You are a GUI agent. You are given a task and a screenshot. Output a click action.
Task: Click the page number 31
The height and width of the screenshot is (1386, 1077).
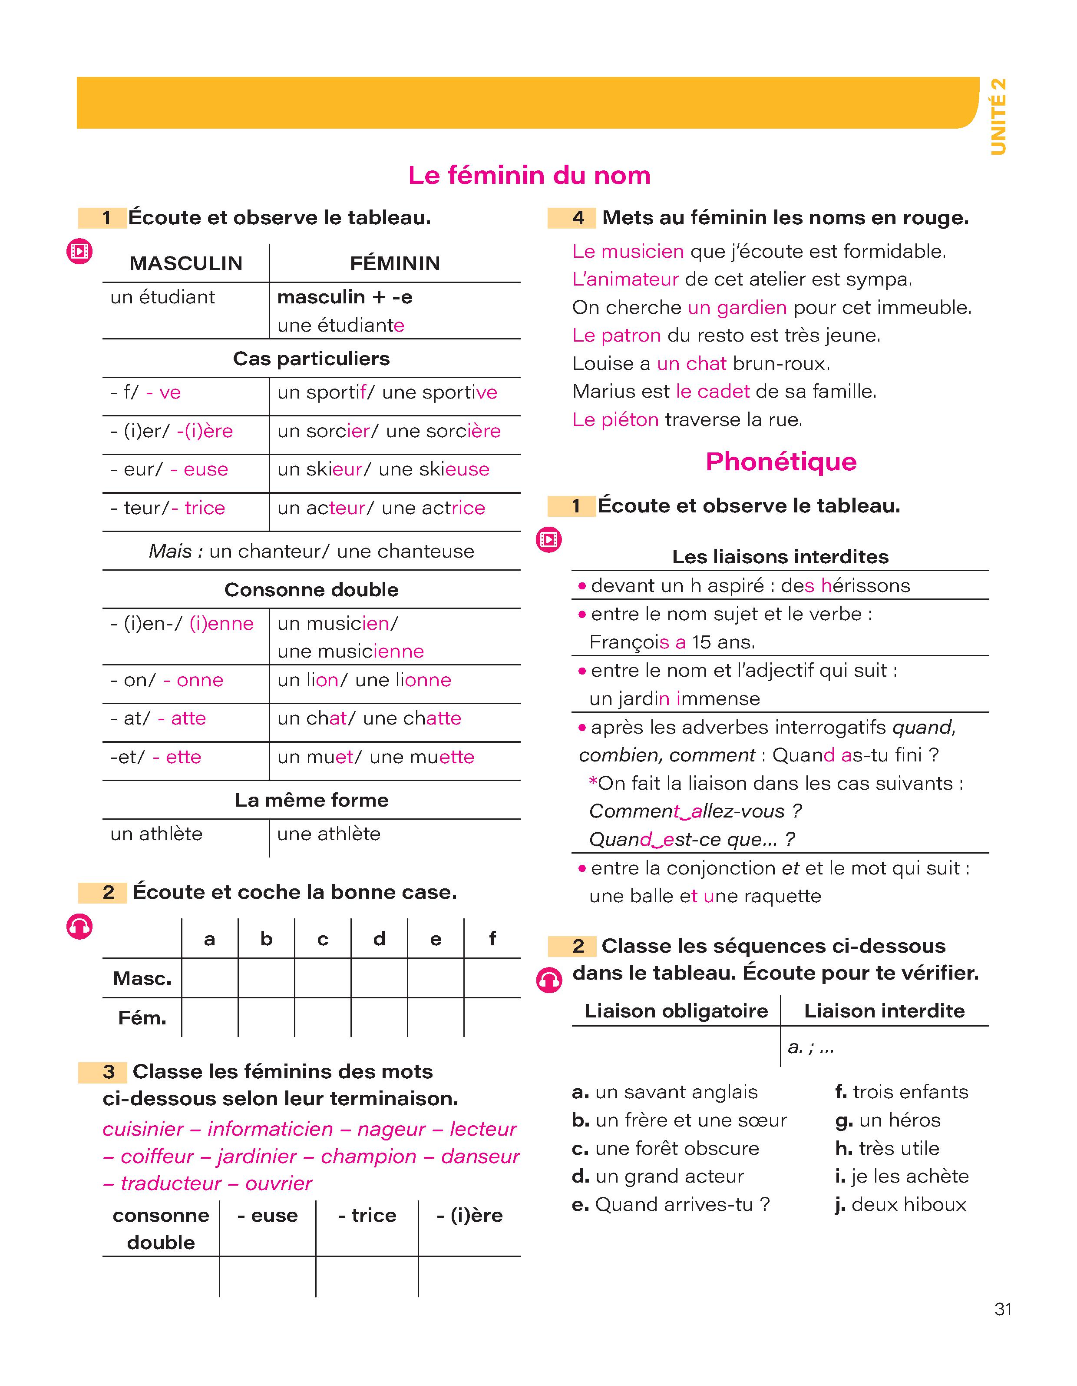(x=1003, y=1309)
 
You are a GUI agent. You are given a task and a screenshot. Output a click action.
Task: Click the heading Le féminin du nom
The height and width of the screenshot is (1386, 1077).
(x=529, y=175)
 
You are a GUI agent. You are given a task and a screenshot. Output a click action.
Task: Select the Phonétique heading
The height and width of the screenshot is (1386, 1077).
(x=781, y=462)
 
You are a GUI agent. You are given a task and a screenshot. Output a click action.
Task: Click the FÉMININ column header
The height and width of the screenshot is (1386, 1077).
(x=394, y=263)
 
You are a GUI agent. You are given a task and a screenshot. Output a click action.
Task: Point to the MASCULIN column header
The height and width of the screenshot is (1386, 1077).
(x=186, y=263)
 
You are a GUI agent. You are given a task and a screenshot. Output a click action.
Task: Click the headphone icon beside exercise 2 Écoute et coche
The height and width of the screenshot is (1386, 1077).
(x=79, y=927)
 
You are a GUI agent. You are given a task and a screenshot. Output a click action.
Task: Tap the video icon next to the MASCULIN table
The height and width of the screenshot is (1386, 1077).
(x=79, y=252)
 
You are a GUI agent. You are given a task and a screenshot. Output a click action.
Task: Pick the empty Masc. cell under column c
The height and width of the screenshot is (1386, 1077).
(x=322, y=978)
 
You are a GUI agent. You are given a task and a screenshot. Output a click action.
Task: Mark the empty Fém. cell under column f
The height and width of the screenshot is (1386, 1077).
(x=492, y=1017)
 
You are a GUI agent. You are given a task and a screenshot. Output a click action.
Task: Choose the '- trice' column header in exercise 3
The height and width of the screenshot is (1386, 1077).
(x=367, y=1215)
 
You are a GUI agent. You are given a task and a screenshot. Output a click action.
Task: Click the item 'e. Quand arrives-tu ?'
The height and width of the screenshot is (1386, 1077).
(x=671, y=1204)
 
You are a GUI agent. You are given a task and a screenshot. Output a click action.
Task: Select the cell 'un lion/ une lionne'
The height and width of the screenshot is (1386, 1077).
(x=364, y=680)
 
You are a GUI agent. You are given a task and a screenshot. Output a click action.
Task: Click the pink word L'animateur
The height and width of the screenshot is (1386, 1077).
(x=625, y=279)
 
